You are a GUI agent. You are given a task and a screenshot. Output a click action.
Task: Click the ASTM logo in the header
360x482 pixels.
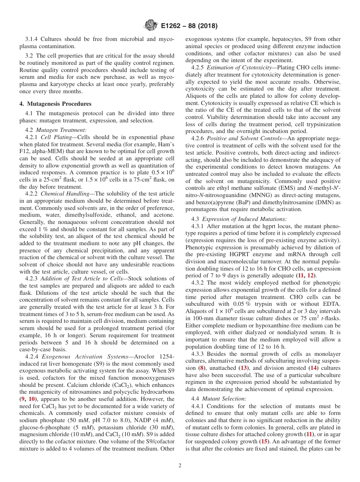coord(150,26)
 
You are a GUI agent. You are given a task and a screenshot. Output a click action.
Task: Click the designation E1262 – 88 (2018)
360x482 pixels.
coord(187,26)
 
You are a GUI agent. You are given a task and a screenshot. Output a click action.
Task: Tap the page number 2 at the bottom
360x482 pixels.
coord(180,466)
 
